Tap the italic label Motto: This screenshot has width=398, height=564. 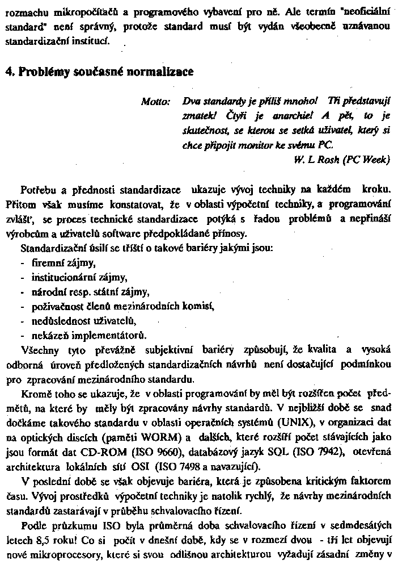point(156,102)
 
